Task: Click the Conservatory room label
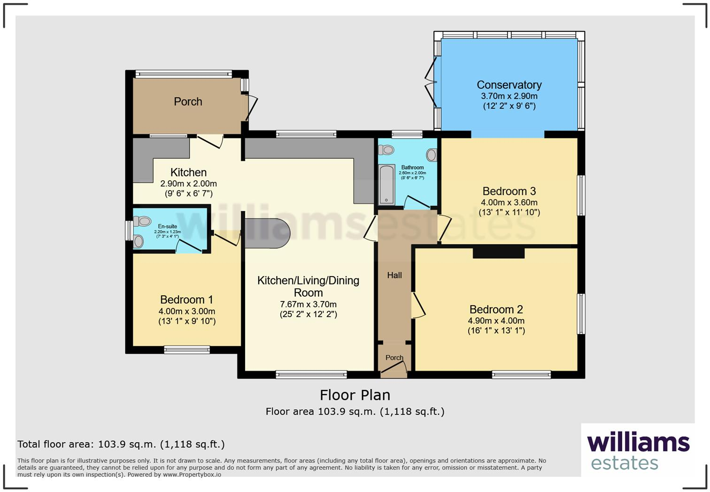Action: (x=509, y=85)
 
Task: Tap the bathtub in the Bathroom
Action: (x=386, y=184)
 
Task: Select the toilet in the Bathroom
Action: (x=387, y=150)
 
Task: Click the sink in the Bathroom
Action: (x=432, y=154)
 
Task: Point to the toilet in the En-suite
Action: (x=142, y=221)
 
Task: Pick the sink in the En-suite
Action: (x=139, y=241)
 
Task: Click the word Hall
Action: (x=394, y=275)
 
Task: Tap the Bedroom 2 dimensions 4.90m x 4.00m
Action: (x=496, y=321)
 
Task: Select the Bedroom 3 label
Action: (x=509, y=191)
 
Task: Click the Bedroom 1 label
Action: (x=186, y=300)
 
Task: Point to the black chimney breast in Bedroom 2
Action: (x=498, y=252)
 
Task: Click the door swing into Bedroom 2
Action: (x=418, y=306)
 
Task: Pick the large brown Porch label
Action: (x=188, y=101)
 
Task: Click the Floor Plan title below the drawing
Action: (x=355, y=395)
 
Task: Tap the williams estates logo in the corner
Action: (x=638, y=451)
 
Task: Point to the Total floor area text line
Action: (x=121, y=444)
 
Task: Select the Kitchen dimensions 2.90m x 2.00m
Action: (x=188, y=184)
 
